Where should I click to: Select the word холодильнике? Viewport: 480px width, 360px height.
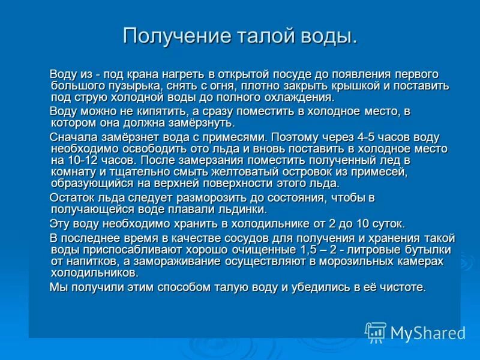coord(250,224)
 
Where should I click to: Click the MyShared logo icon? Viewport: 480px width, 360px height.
coord(376,332)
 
